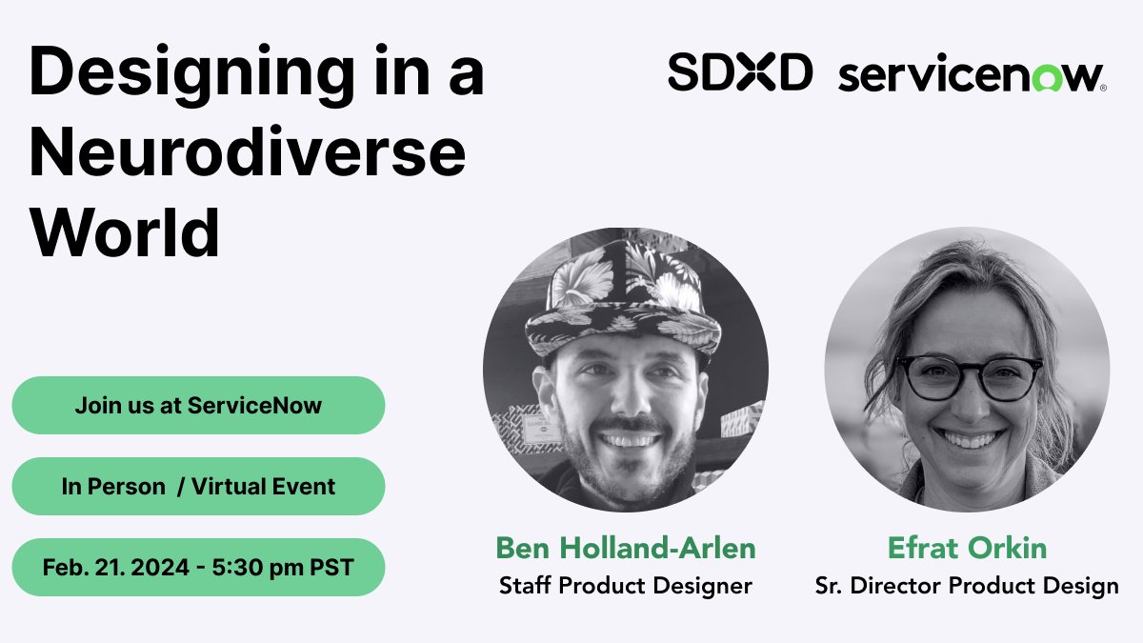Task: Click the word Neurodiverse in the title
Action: pos(248,153)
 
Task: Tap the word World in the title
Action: pos(125,232)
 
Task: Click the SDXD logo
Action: pos(739,72)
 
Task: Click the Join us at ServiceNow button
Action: pos(198,405)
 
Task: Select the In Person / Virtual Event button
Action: pos(198,486)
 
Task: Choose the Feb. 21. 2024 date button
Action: pos(198,568)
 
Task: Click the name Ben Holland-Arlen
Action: pos(625,548)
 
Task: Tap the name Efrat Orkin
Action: pos(967,548)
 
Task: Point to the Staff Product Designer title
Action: pos(625,585)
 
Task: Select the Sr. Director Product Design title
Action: pos(967,585)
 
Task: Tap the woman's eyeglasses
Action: pos(969,376)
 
